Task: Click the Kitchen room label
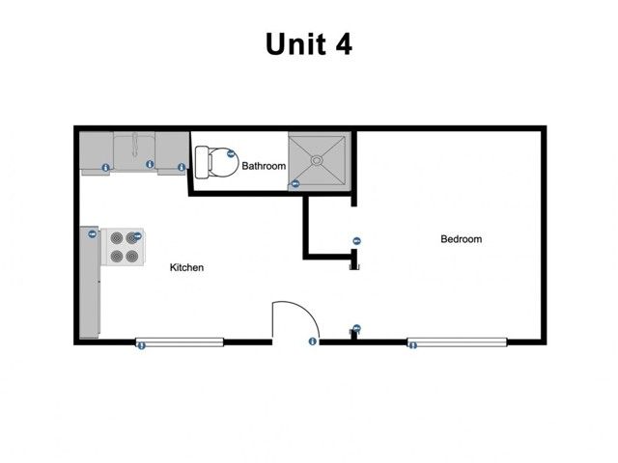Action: pos(186,267)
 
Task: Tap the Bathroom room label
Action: pos(264,166)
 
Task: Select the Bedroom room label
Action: pos(461,239)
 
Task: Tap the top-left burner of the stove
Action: pos(114,236)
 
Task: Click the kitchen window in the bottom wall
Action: pos(180,341)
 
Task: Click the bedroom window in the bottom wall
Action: pos(457,341)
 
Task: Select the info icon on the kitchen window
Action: pos(141,345)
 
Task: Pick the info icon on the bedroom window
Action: pos(412,345)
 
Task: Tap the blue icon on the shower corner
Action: pos(296,183)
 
